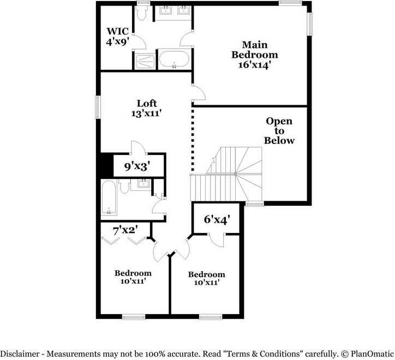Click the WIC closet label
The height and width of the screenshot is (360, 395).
pyautogui.click(x=117, y=31)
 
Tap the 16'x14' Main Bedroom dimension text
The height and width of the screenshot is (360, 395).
pyautogui.click(x=254, y=65)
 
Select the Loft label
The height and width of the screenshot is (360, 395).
pyautogui.click(x=147, y=103)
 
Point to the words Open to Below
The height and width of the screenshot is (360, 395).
pyautogui.click(x=279, y=131)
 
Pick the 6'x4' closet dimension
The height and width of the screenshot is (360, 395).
pyautogui.click(x=217, y=219)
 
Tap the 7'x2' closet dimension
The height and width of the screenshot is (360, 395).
pyautogui.click(x=125, y=230)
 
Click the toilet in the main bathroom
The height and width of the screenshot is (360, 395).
pyautogui.click(x=141, y=13)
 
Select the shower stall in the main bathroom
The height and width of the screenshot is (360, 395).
pyautogui.click(x=145, y=62)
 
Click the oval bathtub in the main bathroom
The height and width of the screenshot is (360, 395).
pyautogui.click(x=174, y=59)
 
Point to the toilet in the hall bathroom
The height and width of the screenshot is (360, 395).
pyautogui.click(x=124, y=186)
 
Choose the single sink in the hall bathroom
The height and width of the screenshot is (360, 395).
pyautogui.click(x=144, y=183)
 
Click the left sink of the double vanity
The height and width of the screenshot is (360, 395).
pyautogui.click(x=165, y=10)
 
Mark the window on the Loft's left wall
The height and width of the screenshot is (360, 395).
pyautogui.click(x=98, y=107)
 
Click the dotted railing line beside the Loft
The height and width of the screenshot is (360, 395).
pyautogui.click(x=193, y=140)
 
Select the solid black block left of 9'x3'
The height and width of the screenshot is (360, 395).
pyautogui.click(x=106, y=165)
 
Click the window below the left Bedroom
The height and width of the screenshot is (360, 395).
pyautogui.click(x=134, y=317)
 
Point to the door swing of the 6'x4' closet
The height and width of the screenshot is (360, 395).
pyautogui.click(x=216, y=241)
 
